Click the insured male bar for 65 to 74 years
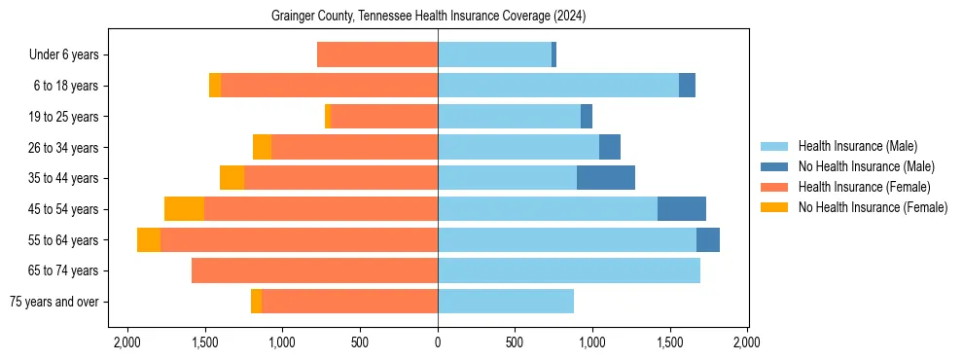[x=568, y=270]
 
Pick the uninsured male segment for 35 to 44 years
[x=605, y=178]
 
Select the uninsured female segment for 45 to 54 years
[x=184, y=209]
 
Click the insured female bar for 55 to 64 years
[x=299, y=239]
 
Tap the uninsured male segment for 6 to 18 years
[x=687, y=86]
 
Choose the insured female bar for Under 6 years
[x=377, y=54]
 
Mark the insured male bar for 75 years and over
[x=505, y=302]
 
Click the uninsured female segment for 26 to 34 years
[x=262, y=147]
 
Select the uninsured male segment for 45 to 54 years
[x=681, y=209]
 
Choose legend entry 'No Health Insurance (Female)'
[x=873, y=207]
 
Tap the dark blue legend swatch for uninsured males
[x=774, y=166]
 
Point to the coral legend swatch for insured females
[x=774, y=187]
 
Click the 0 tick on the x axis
[x=438, y=342]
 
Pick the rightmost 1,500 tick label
[x=669, y=342]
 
